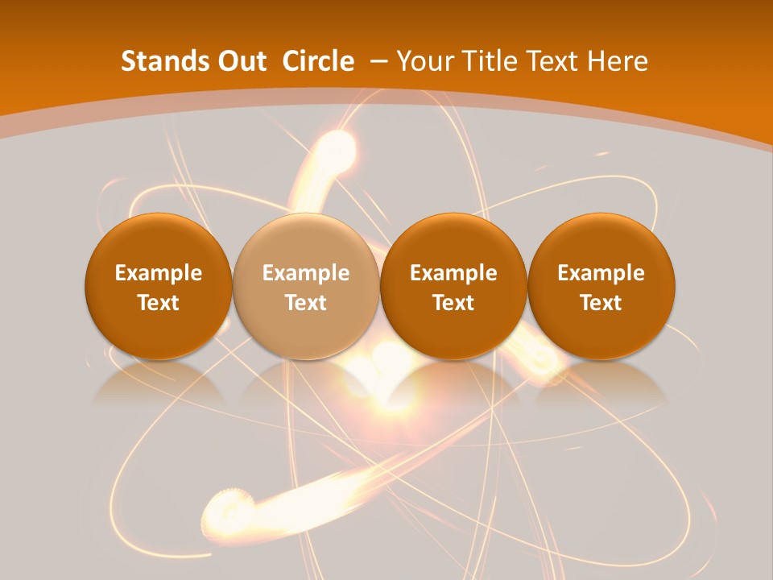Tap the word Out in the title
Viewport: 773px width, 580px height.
coord(239,61)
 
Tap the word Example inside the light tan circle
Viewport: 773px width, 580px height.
coord(306,273)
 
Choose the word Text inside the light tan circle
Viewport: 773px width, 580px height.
coord(306,303)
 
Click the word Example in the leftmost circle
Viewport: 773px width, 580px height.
coord(159,273)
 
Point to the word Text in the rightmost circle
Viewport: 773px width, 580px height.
coord(601,303)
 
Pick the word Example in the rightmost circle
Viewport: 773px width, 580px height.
coord(601,273)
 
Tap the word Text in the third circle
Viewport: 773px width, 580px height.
coord(453,303)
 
